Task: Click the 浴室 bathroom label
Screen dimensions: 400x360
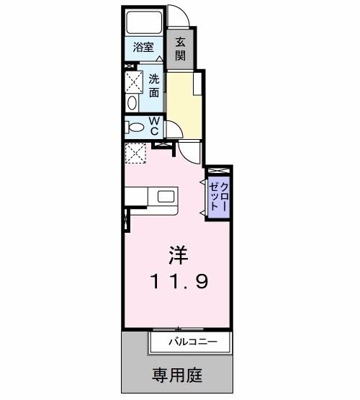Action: (x=143, y=48)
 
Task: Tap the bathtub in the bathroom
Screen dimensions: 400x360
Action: (x=144, y=24)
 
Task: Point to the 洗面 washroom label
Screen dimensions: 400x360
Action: (x=155, y=86)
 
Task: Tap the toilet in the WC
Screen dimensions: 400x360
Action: (x=134, y=128)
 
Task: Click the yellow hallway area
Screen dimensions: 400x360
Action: (x=183, y=101)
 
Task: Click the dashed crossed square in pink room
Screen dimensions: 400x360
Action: (x=135, y=154)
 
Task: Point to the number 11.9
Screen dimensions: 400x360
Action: (x=180, y=280)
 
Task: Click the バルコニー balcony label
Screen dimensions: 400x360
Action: (x=191, y=341)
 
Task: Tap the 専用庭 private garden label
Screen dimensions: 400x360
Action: (x=178, y=375)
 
